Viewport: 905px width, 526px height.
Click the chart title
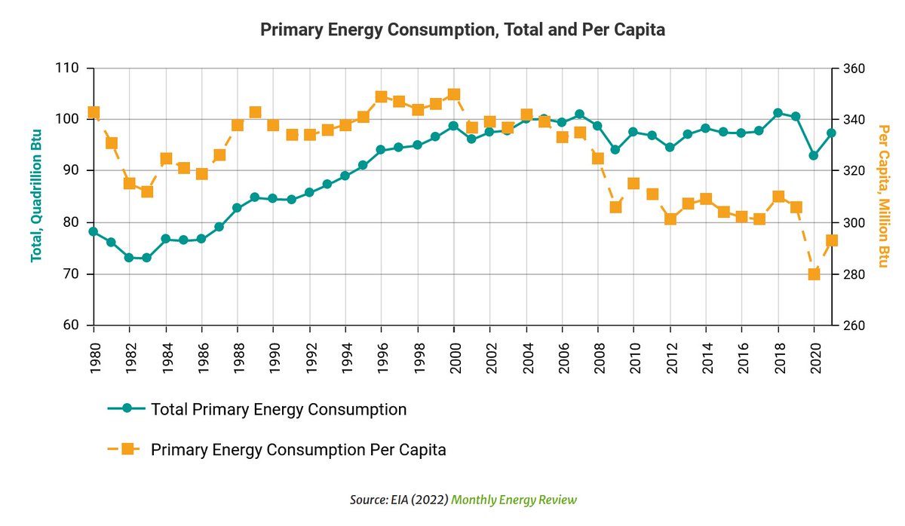[462, 29]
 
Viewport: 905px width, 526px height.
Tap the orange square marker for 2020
[814, 274]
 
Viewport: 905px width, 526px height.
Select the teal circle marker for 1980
[94, 231]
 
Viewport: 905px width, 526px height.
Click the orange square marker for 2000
[454, 95]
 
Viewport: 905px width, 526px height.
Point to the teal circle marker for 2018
[778, 113]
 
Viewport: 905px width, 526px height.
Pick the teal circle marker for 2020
[814, 155]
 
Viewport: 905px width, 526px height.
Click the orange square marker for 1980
[94, 113]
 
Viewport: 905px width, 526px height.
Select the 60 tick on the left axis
[72, 326]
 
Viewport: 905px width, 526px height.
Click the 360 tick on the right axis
[853, 69]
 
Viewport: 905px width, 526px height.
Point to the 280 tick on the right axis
[853, 274]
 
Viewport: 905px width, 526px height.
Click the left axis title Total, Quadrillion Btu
[35, 195]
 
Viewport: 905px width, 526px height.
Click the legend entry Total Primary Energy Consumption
[278, 409]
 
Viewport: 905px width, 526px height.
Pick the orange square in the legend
[127, 449]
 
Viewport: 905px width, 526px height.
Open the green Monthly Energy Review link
[514, 500]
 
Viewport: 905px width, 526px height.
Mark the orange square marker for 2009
[615, 206]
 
